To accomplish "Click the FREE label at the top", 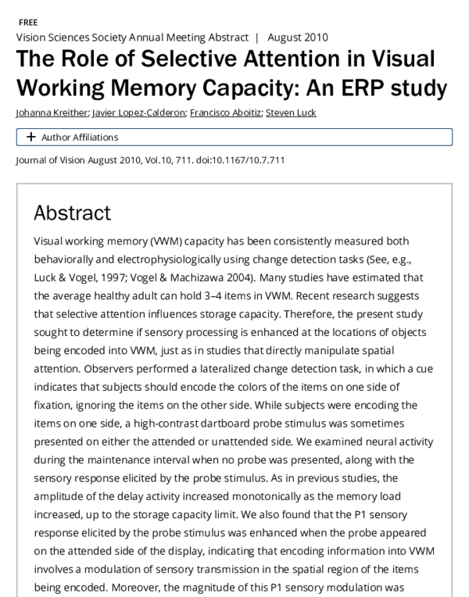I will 27,23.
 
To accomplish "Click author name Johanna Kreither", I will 52,113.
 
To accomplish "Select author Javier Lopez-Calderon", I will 139,113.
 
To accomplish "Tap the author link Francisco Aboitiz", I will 225,113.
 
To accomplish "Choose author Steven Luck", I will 291,113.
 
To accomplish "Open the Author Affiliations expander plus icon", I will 30,137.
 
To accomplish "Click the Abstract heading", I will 73,213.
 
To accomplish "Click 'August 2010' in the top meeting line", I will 298,37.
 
